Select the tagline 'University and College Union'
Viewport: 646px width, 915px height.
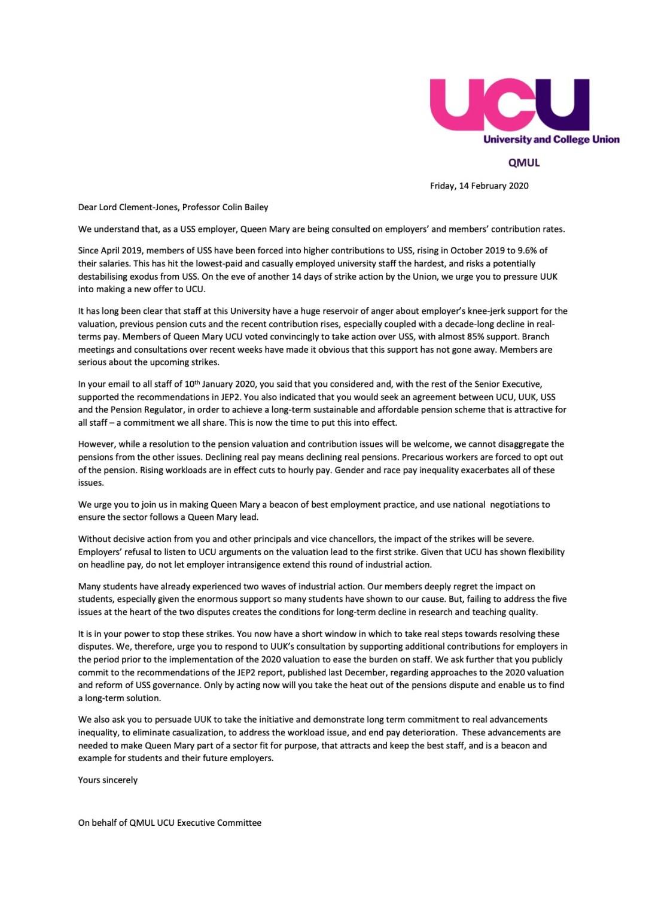(x=551, y=140)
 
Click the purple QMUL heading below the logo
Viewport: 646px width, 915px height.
(x=523, y=163)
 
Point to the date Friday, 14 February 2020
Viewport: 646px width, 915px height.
(x=479, y=186)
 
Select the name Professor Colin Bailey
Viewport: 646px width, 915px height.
(x=226, y=207)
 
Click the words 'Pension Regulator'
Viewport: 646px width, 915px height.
(x=135, y=410)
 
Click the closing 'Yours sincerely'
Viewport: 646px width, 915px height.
(x=108, y=780)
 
